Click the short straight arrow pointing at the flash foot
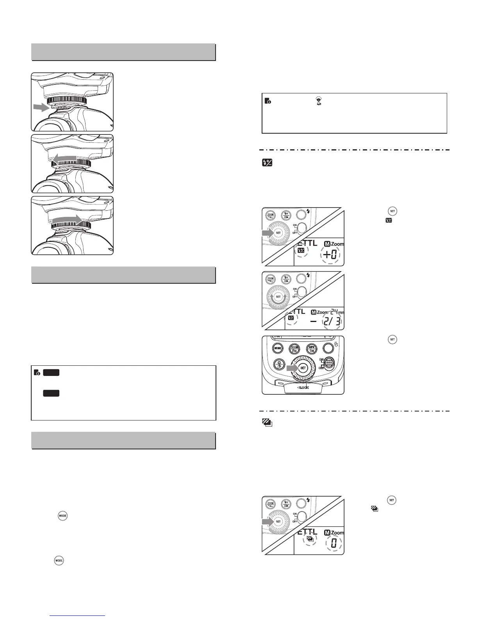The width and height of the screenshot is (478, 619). pyautogui.click(x=42, y=107)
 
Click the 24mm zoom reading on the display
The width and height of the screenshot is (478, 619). pyautogui.click(x=333, y=311)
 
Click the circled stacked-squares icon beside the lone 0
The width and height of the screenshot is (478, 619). pyautogui.click(x=310, y=540)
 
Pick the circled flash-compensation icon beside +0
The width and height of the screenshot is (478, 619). pyautogui.click(x=301, y=251)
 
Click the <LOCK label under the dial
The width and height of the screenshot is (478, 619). pyautogui.click(x=302, y=388)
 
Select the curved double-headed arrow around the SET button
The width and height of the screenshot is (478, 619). pyautogui.click(x=278, y=297)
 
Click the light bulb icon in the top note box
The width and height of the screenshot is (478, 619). pyautogui.click(x=318, y=101)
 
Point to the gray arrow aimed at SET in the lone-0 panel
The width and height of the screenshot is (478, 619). pyautogui.click(x=268, y=521)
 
